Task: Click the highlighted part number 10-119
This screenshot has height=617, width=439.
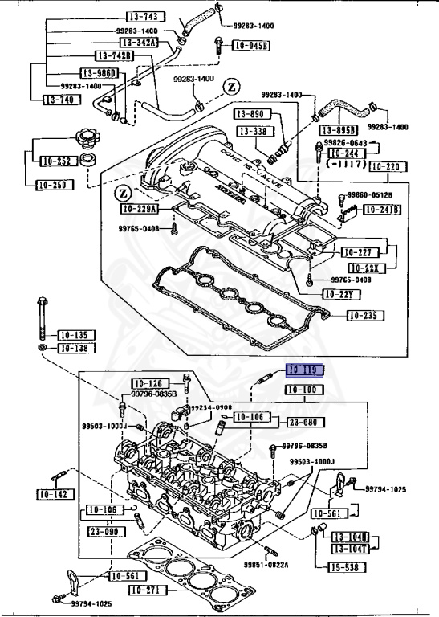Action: click(305, 370)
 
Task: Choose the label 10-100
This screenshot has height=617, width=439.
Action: click(305, 390)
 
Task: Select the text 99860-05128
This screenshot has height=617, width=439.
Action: click(370, 195)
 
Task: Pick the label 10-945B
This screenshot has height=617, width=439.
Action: click(250, 46)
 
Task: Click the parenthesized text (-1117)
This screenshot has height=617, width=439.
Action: click(346, 162)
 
